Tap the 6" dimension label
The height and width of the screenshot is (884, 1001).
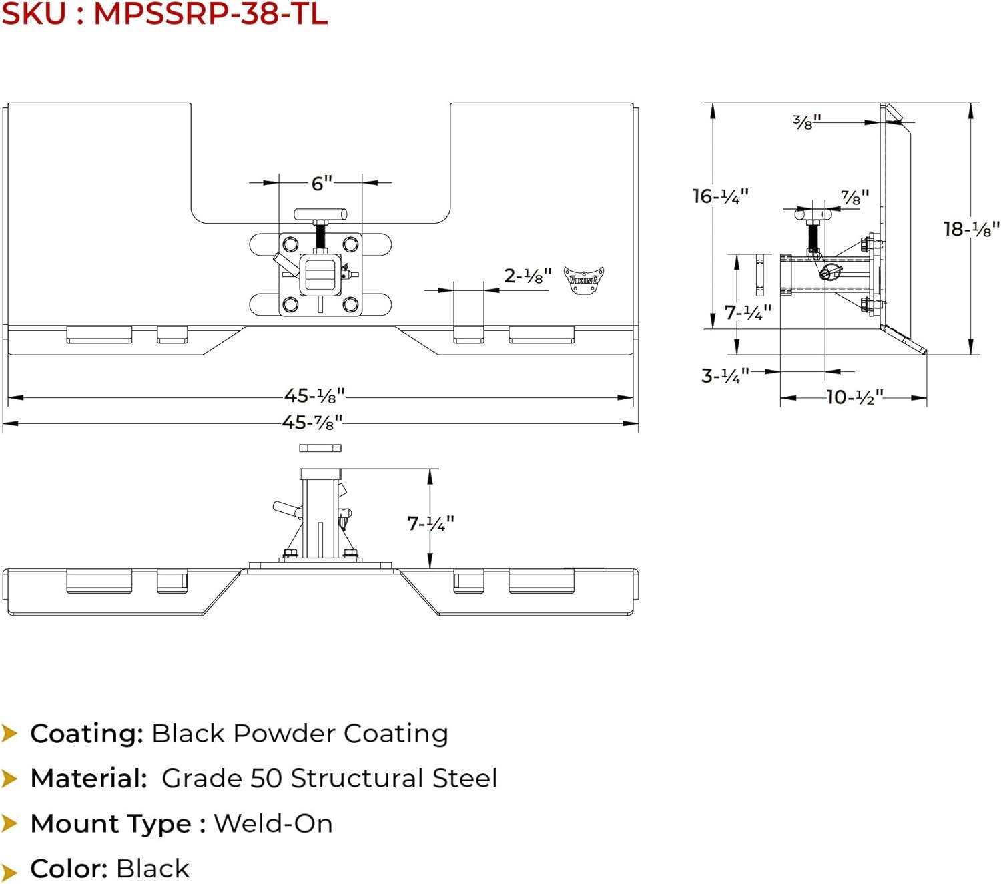[x=321, y=183]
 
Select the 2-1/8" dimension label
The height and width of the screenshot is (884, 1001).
[x=527, y=276]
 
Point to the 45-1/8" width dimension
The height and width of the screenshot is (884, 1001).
[x=314, y=396]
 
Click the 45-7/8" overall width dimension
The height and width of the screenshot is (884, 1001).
[x=312, y=423]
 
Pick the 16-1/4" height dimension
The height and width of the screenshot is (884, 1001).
[x=720, y=196]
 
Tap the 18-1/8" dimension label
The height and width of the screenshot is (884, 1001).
[x=971, y=229]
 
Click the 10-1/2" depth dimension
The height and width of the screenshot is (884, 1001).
[x=854, y=397]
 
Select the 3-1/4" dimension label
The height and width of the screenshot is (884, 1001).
[x=725, y=375]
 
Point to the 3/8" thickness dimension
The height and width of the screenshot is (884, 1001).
[x=806, y=122]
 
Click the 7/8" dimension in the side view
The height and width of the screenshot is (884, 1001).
[x=854, y=198]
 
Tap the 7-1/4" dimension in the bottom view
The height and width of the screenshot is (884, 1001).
[x=430, y=523]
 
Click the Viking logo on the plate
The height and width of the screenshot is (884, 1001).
[x=584, y=279]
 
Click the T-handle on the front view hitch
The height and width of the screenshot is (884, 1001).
[x=320, y=214]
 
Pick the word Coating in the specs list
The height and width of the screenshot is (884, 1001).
[x=87, y=734]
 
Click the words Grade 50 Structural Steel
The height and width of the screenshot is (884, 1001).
[x=329, y=779]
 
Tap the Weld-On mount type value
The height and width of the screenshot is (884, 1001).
[x=273, y=824]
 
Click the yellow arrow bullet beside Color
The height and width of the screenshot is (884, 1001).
[x=9, y=870]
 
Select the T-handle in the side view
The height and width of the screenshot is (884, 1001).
[x=813, y=214]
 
